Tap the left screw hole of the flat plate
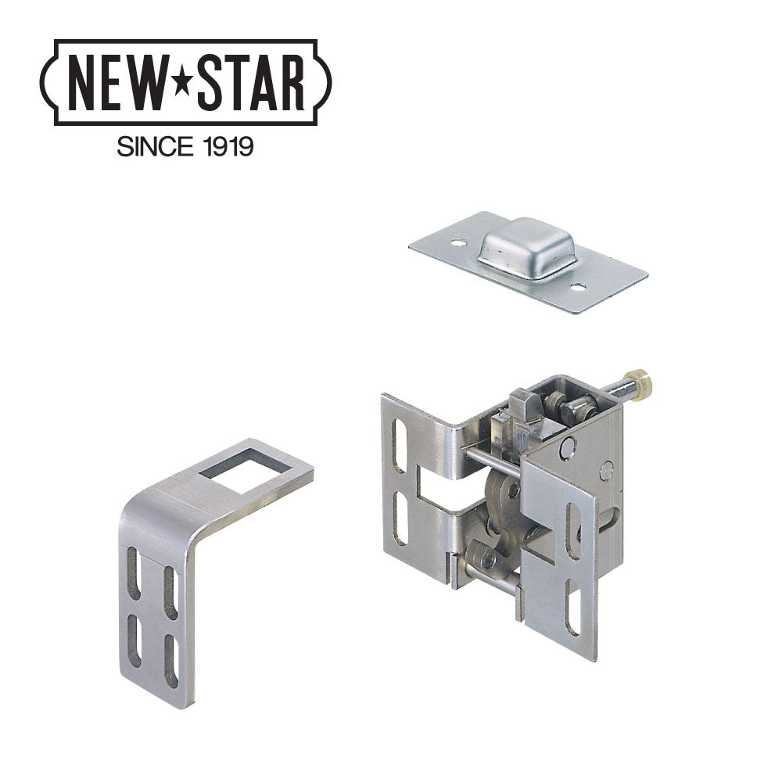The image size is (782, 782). [x=458, y=244]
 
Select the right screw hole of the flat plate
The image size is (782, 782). [x=579, y=288]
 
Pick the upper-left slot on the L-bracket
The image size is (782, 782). [x=134, y=573]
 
